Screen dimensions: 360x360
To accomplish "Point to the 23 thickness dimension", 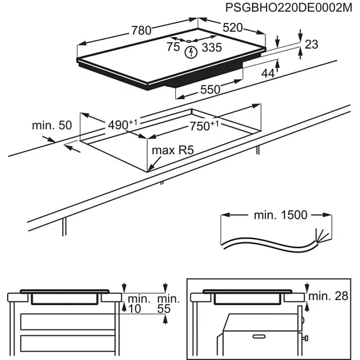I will [x=311, y=44].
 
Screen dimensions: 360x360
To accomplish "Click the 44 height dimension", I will [x=268, y=74].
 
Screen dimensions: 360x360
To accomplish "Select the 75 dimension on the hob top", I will [x=173, y=46].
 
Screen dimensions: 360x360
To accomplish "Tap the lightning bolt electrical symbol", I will [x=191, y=52].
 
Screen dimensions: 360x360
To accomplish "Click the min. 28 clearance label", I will [x=329, y=295].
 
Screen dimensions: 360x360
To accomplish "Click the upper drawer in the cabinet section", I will [x=61, y=320].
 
